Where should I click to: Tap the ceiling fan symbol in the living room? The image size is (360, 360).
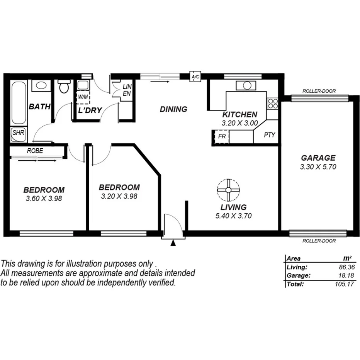pyautogui.click(x=228, y=190)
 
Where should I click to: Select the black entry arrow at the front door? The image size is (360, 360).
pyautogui.click(x=173, y=243)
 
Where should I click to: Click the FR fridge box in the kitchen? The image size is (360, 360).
pyautogui.click(x=222, y=136)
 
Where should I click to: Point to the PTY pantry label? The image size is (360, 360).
pyautogui.click(x=269, y=135)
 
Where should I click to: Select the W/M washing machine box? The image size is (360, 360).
pyautogui.click(x=83, y=97)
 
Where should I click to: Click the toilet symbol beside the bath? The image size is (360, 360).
pyautogui.click(x=64, y=87)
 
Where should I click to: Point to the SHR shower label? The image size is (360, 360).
pyautogui.click(x=18, y=132)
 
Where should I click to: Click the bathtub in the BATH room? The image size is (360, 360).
pyautogui.click(x=18, y=102)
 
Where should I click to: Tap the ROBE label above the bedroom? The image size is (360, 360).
pyautogui.click(x=35, y=151)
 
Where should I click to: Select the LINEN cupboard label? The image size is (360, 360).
pyautogui.click(x=127, y=90)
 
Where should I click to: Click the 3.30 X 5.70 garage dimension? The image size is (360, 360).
pyautogui.click(x=318, y=167)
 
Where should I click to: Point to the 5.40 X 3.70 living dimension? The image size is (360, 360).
pyautogui.click(x=233, y=216)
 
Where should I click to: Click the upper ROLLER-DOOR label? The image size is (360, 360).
pyautogui.click(x=319, y=91)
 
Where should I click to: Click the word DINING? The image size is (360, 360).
pyautogui.click(x=173, y=109)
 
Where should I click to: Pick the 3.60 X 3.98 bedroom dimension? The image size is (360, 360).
pyautogui.click(x=44, y=199)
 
